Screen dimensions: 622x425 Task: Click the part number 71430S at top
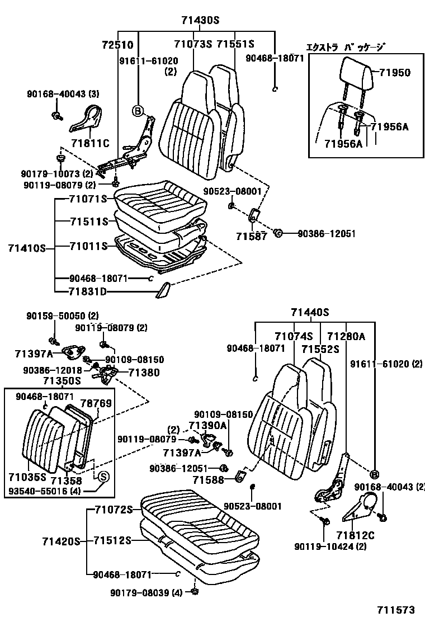coord(200,21)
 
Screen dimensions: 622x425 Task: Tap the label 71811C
coord(90,143)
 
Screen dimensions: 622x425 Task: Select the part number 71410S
coord(27,246)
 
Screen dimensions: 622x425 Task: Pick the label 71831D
coord(88,292)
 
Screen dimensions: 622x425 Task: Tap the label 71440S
coord(310,313)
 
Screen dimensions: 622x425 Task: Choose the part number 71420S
coord(61,541)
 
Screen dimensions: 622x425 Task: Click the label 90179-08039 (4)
coord(145,593)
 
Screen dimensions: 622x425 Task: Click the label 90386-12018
coord(53,370)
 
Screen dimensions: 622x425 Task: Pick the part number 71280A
coord(346,336)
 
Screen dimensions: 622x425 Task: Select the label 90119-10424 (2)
coord(331,546)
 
